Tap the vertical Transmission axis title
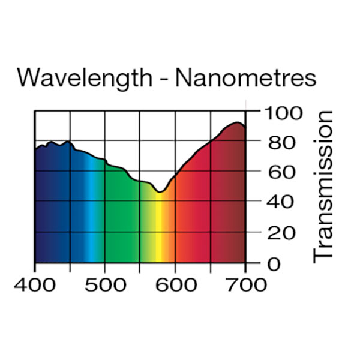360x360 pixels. point(323,185)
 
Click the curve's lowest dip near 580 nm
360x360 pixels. point(160,192)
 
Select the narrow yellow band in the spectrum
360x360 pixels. point(160,234)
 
